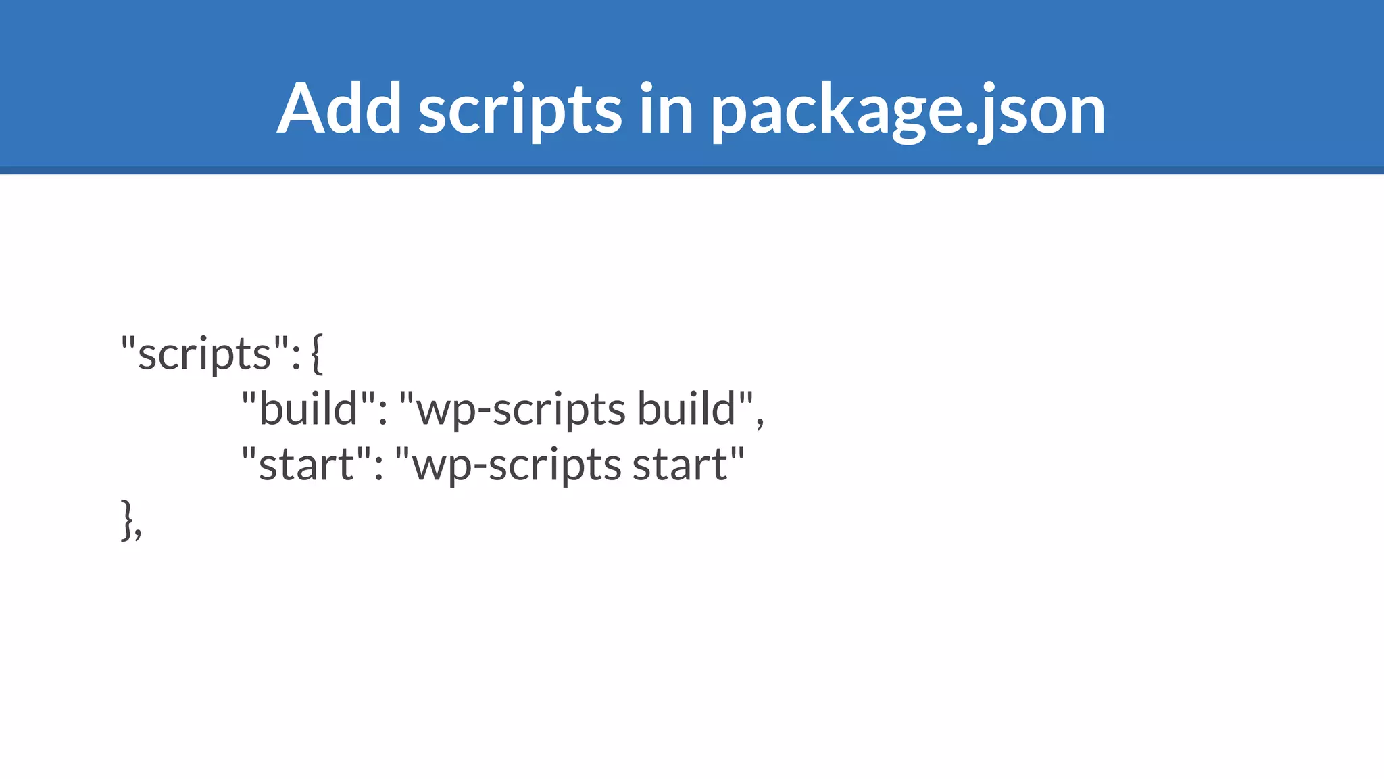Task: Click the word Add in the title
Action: pos(339,109)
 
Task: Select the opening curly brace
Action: pos(317,354)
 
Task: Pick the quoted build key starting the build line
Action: pos(308,408)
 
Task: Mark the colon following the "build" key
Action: pos(383,413)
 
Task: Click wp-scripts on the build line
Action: pos(520,410)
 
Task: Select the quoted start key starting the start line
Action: pos(306,464)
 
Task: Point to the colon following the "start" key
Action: pos(378,469)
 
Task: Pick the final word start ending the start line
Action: pos(680,465)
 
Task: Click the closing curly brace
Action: pos(126,520)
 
